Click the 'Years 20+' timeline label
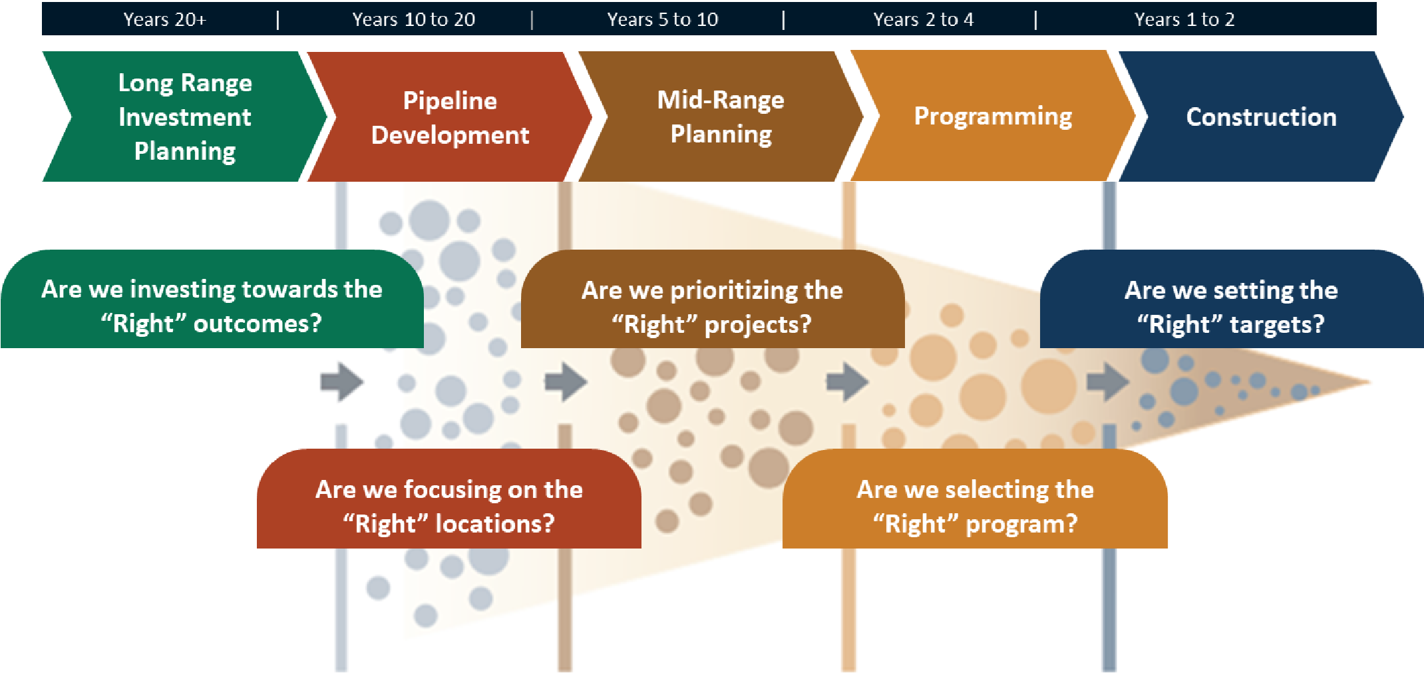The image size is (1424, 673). click(165, 19)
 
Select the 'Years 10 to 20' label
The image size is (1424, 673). click(414, 19)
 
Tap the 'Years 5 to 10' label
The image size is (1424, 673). click(663, 19)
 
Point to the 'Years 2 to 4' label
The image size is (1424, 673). click(924, 19)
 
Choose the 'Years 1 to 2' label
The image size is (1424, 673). click(1184, 19)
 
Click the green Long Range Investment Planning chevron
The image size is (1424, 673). click(185, 116)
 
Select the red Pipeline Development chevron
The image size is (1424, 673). click(450, 116)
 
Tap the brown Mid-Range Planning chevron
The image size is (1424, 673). click(721, 116)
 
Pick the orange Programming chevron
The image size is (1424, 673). click(993, 116)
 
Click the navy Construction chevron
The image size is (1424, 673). click(1262, 116)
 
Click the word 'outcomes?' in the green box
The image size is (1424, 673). click(258, 324)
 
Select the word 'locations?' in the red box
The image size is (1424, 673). click(494, 524)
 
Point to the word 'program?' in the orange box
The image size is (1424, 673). click(1021, 525)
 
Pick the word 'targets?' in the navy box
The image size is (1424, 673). click(1277, 324)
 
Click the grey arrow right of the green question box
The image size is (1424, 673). click(342, 381)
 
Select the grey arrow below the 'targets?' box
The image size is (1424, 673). click(1108, 381)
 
